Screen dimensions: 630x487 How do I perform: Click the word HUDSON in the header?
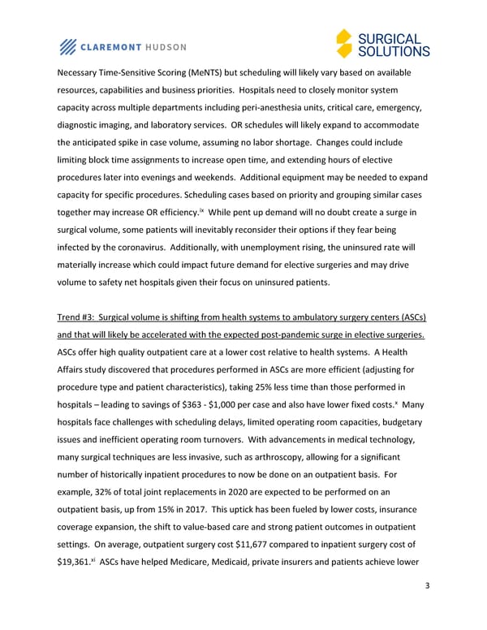tap(166, 46)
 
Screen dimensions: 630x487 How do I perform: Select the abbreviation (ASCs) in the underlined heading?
tap(413, 316)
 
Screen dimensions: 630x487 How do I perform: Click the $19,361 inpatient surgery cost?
tap(73, 559)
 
